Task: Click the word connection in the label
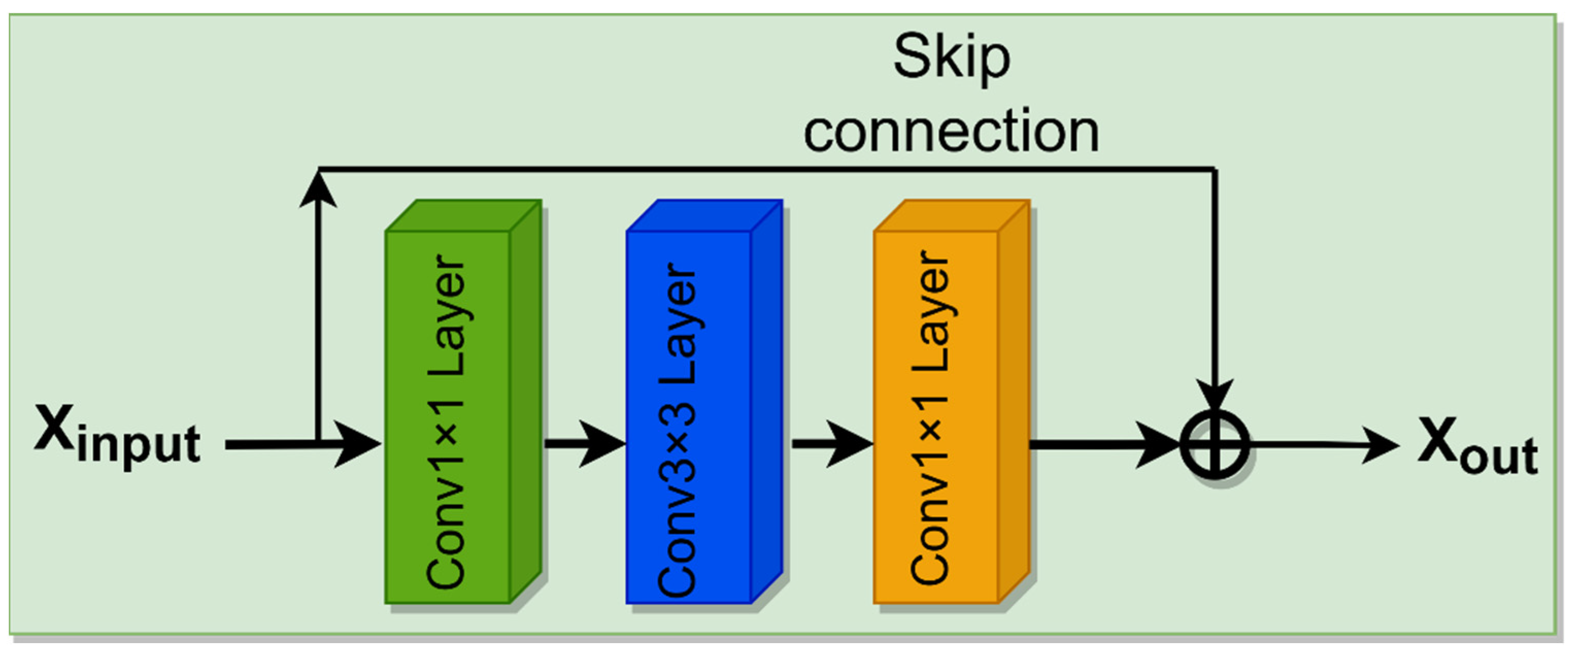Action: click(x=952, y=131)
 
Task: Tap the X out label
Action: click(x=1476, y=446)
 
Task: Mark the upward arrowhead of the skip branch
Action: click(x=318, y=190)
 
